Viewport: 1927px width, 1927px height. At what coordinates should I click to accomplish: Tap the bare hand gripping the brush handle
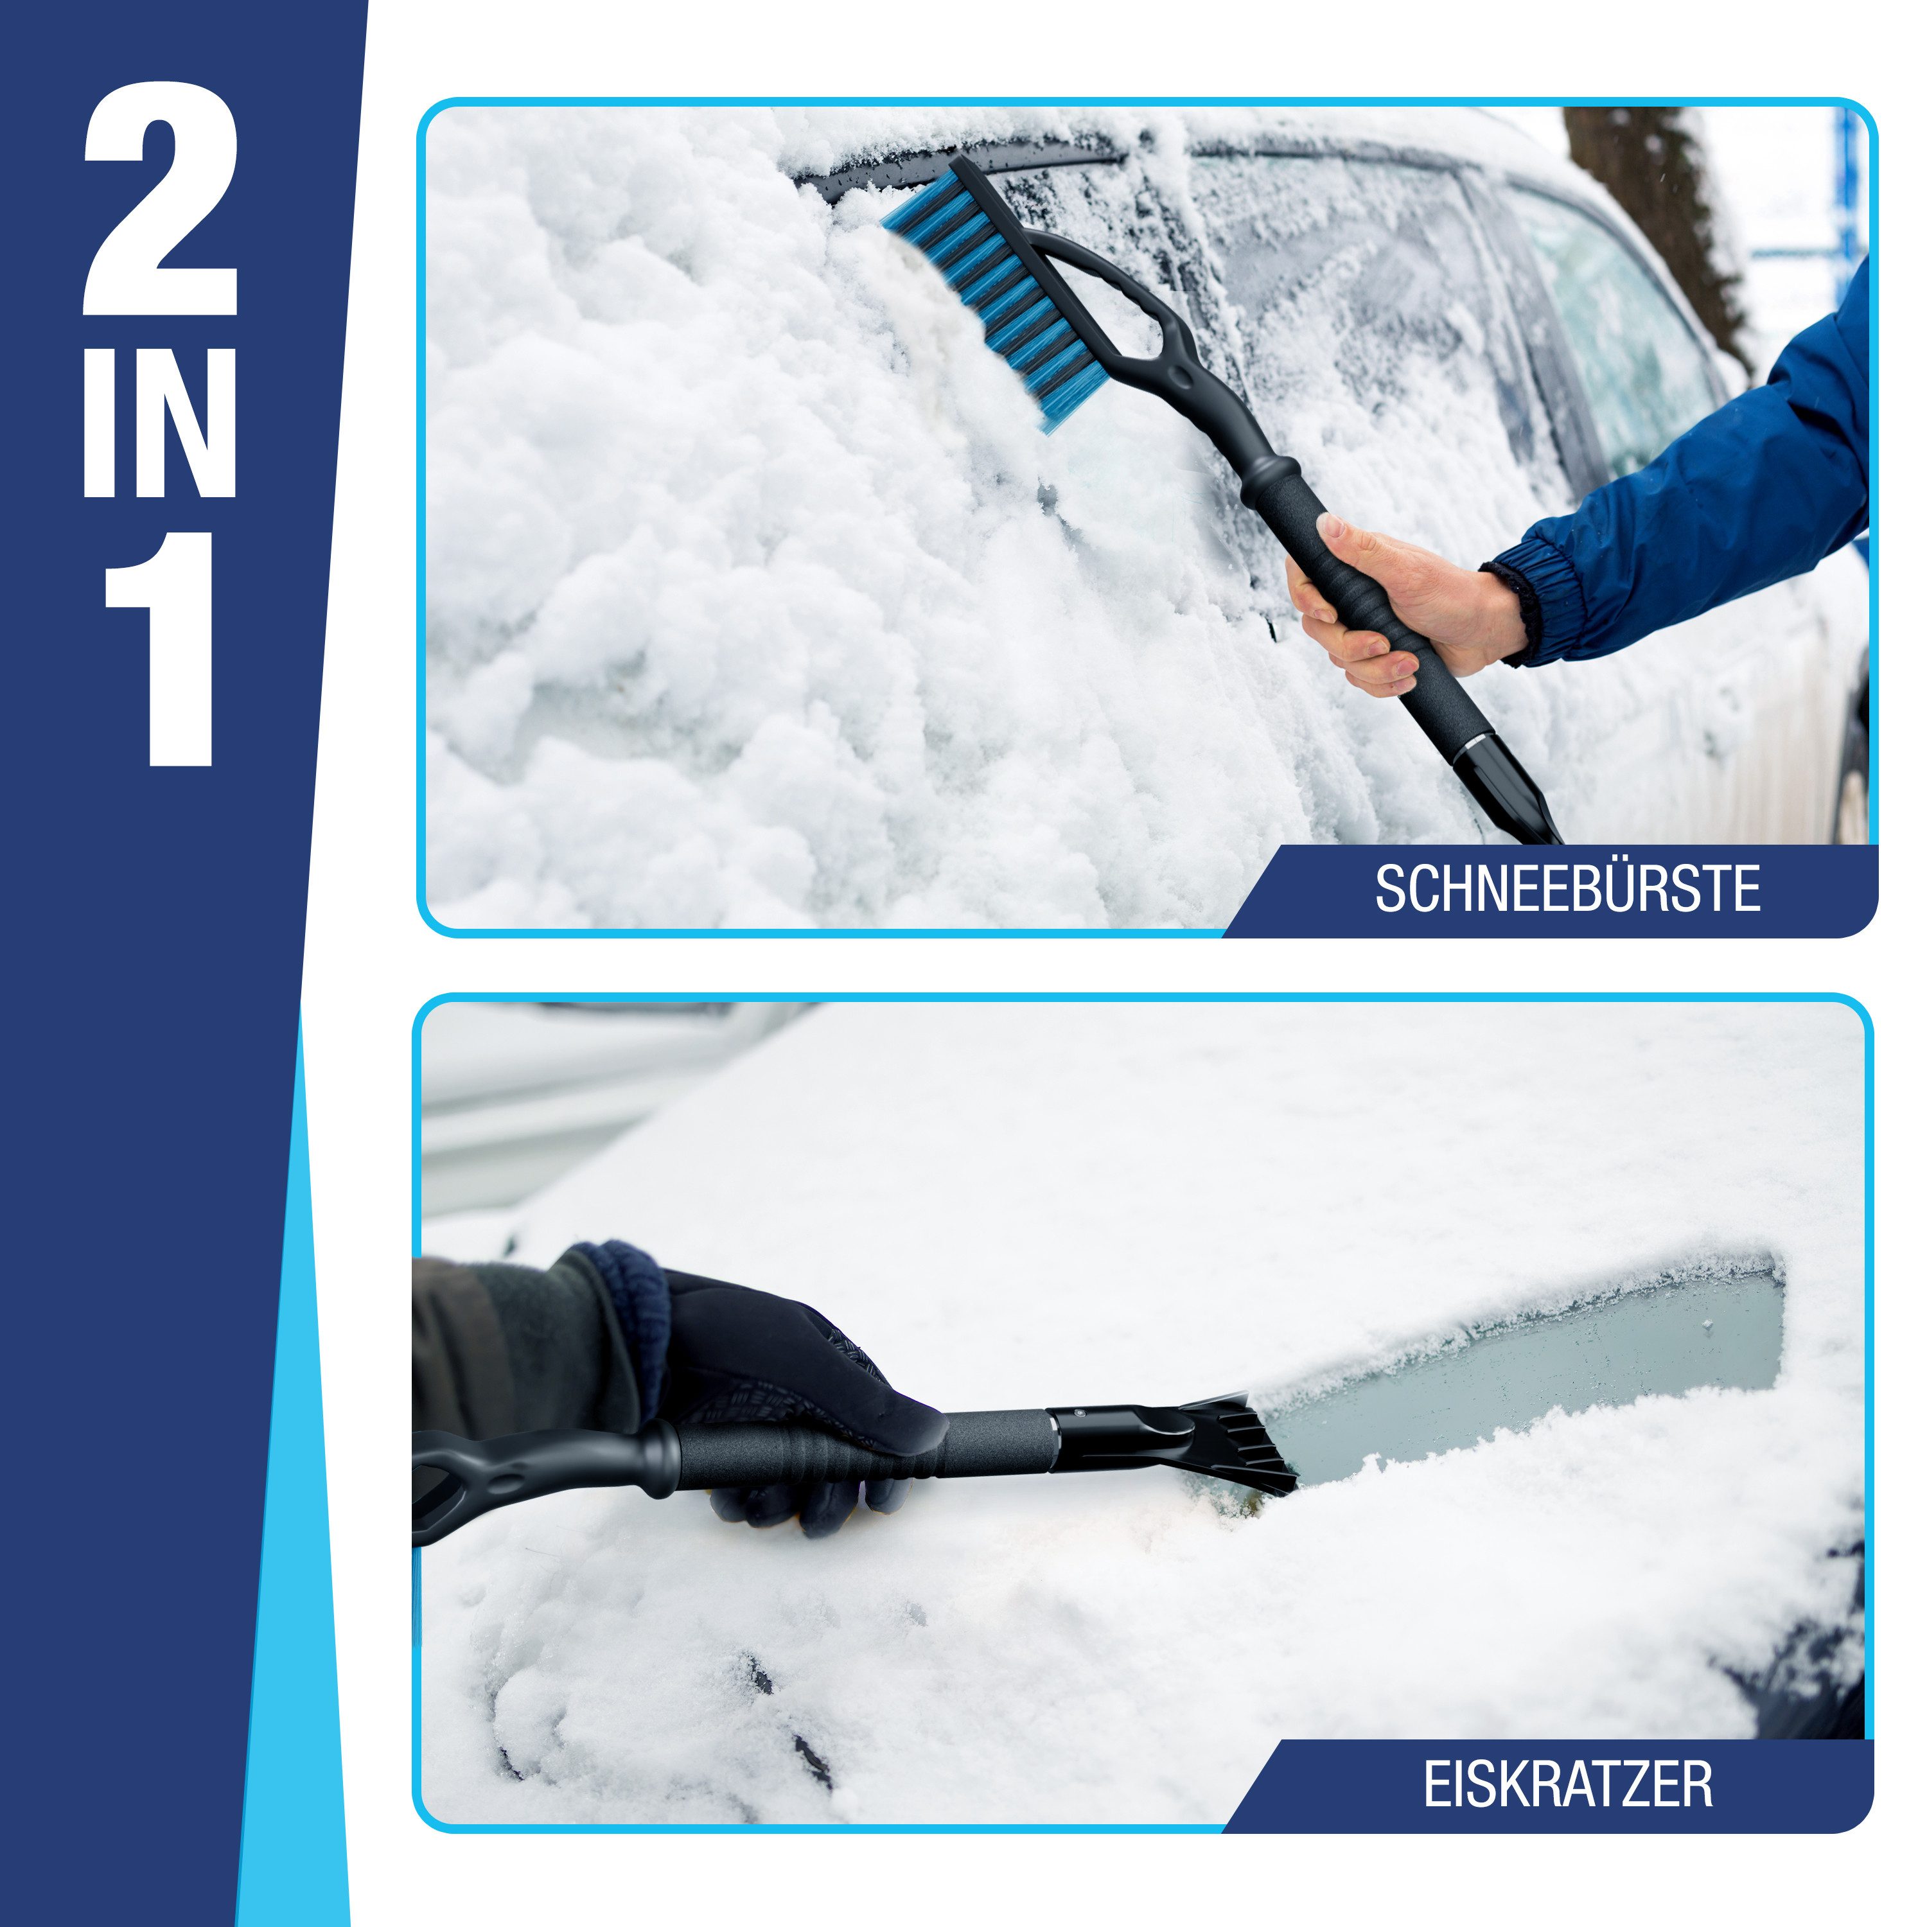1396,599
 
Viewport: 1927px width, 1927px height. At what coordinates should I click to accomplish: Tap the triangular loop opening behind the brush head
1107,299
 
